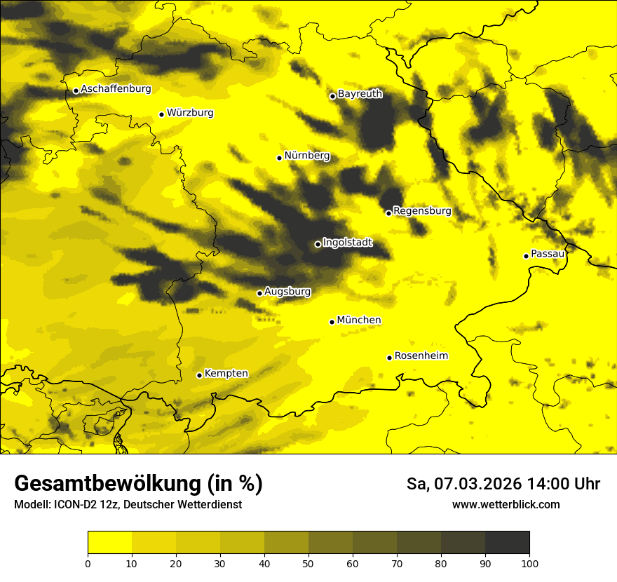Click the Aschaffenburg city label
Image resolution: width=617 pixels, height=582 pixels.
coord(116,89)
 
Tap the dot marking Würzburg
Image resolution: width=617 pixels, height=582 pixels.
coord(161,114)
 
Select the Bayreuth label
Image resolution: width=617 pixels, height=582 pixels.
coord(360,94)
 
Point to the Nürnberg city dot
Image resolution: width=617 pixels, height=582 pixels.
coord(279,158)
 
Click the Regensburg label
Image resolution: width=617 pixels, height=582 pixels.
coord(422,211)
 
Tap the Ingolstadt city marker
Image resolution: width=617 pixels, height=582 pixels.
coord(318,244)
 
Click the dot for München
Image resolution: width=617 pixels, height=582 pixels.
coord(332,322)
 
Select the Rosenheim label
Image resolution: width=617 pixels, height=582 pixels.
coord(421,356)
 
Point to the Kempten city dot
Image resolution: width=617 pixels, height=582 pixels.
coord(199,375)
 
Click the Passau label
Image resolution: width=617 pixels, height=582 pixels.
coord(548,254)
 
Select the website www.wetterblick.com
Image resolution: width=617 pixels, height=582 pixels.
coord(506,504)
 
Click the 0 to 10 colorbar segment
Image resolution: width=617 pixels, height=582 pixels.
coord(110,543)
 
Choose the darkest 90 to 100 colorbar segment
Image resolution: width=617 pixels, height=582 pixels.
coord(507,543)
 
